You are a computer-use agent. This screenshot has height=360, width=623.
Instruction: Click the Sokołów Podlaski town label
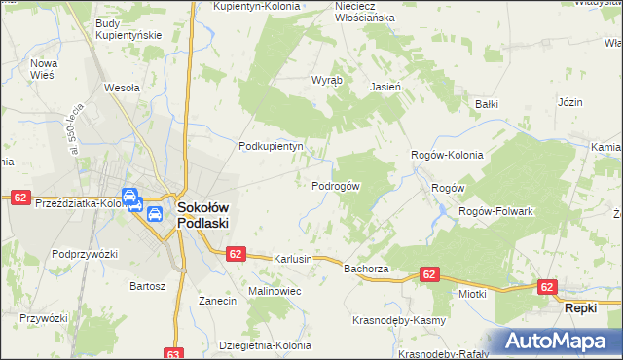[203, 214]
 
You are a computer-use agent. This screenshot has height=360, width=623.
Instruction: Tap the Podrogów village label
[337, 186]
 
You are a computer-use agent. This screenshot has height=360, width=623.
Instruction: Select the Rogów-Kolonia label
[447, 154]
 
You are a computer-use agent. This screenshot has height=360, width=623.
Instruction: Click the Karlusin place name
[293, 260]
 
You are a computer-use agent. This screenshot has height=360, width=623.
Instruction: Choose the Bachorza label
[366, 268]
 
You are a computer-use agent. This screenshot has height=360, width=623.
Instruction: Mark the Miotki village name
[472, 293]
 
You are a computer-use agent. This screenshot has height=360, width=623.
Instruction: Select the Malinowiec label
[275, 291]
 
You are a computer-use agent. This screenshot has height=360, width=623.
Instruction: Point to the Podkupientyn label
[273, 146]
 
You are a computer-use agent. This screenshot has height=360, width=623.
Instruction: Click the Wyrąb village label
[326, 82]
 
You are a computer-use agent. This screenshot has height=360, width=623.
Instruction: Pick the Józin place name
[569, 102]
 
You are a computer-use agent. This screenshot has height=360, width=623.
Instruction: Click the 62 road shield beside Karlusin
[235, 253]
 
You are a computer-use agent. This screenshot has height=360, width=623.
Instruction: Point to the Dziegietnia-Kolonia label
[266, 345]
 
